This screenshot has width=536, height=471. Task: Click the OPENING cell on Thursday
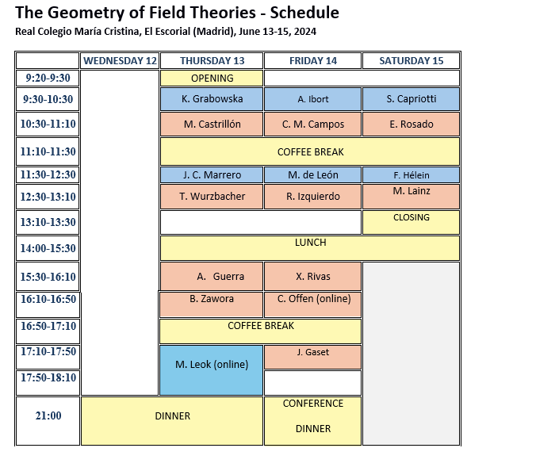(x=212, y=78)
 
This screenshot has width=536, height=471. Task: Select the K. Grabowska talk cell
(x=212, y=99)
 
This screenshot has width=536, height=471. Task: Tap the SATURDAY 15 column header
(x=411, y=61)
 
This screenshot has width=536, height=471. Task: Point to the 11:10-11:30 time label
(x=48, y=151)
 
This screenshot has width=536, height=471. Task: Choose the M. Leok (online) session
(x=211, y=370)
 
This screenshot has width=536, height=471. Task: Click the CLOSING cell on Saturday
(x=411, y=222)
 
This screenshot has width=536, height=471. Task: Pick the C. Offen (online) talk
(x=312, y=304)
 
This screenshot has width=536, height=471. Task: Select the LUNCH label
(x=310, y=243)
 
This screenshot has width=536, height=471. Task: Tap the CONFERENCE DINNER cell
(x=312, y=421)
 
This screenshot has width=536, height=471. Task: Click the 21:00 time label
(x=48, y=415)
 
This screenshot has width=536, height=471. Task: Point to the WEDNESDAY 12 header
(x=120, y=61)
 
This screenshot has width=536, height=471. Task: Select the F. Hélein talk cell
(x=411, y=175)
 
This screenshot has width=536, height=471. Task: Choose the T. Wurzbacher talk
(x=212, y=197)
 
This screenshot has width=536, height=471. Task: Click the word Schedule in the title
(x=304, y=13)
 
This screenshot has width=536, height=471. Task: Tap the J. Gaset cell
(x=312, y=357)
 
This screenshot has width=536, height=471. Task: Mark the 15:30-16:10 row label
(x=48, y=277)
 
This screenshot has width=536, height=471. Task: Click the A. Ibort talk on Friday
(x=312, y=99)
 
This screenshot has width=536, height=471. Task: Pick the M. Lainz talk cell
(x=411, y=197)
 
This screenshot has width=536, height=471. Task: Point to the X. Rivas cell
(x=312, y=277)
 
